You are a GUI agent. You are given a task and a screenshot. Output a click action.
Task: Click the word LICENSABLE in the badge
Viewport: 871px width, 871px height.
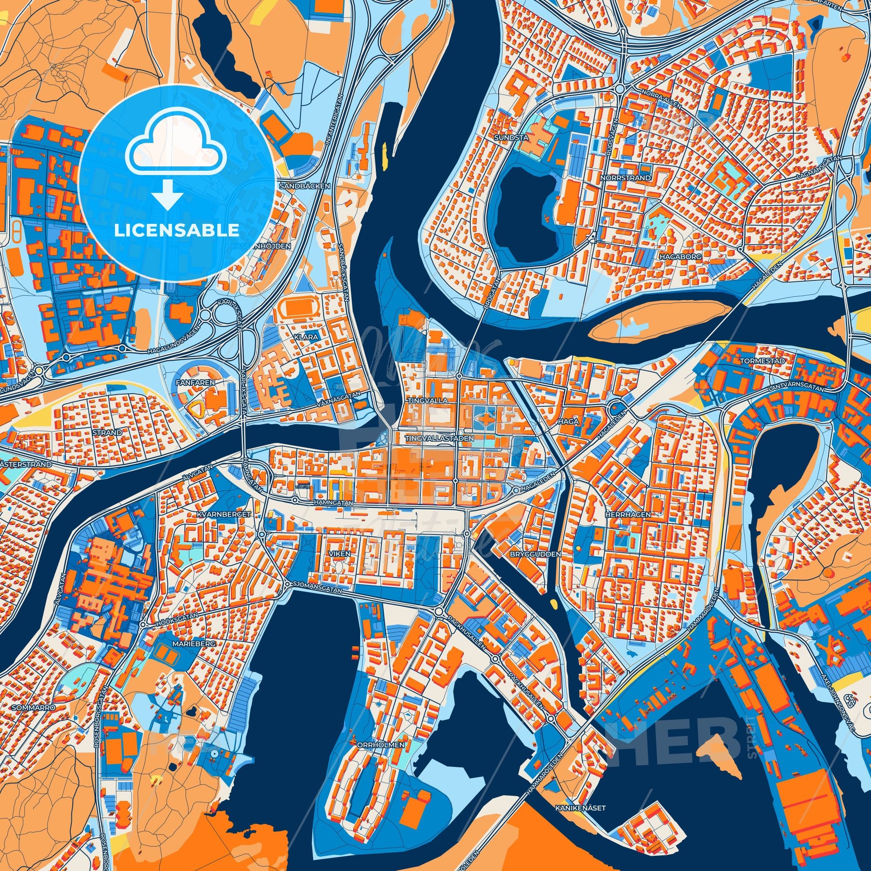pos(176,230)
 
